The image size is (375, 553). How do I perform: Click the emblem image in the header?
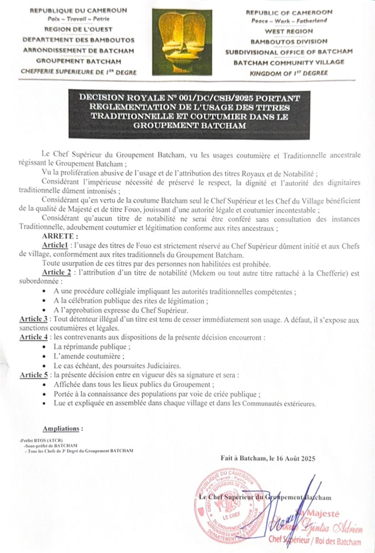pos(187,44)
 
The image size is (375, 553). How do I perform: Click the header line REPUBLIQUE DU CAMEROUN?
pos(72,11)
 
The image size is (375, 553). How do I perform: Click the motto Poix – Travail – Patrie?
pos(72,19)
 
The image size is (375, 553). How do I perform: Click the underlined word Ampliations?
pos(63,429)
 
